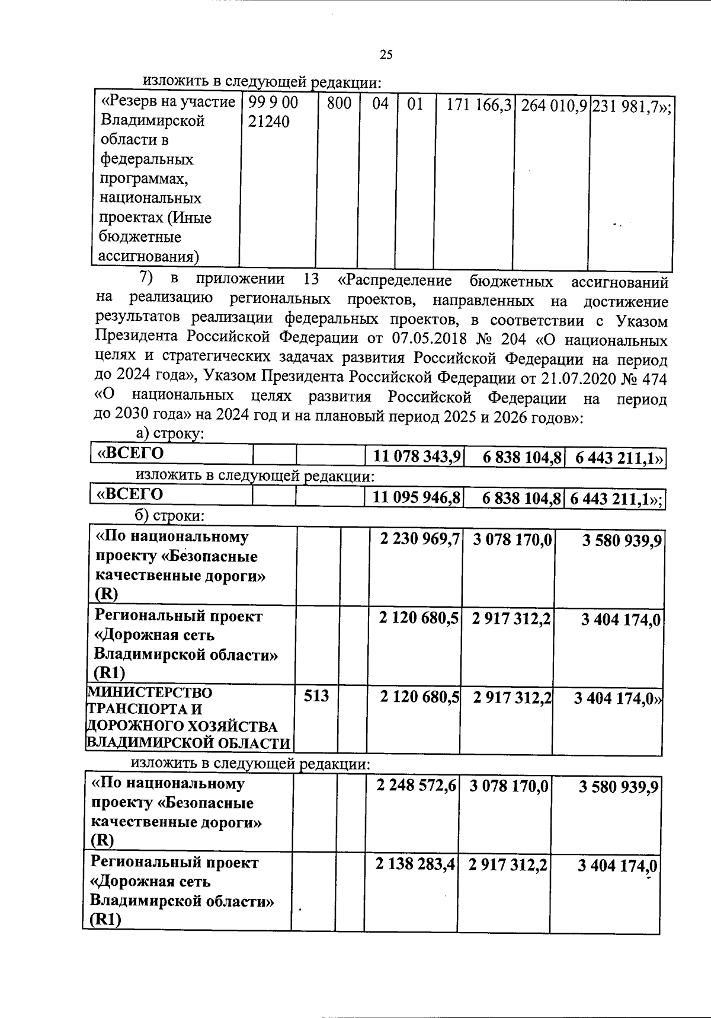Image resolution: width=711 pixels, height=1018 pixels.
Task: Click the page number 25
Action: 386,55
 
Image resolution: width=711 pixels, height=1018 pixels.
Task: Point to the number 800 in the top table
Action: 339,104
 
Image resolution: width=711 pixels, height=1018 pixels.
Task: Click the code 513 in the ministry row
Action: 316,695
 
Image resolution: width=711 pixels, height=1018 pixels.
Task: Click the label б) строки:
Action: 171,516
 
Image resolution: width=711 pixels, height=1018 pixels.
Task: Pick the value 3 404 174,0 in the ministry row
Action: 616,698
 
